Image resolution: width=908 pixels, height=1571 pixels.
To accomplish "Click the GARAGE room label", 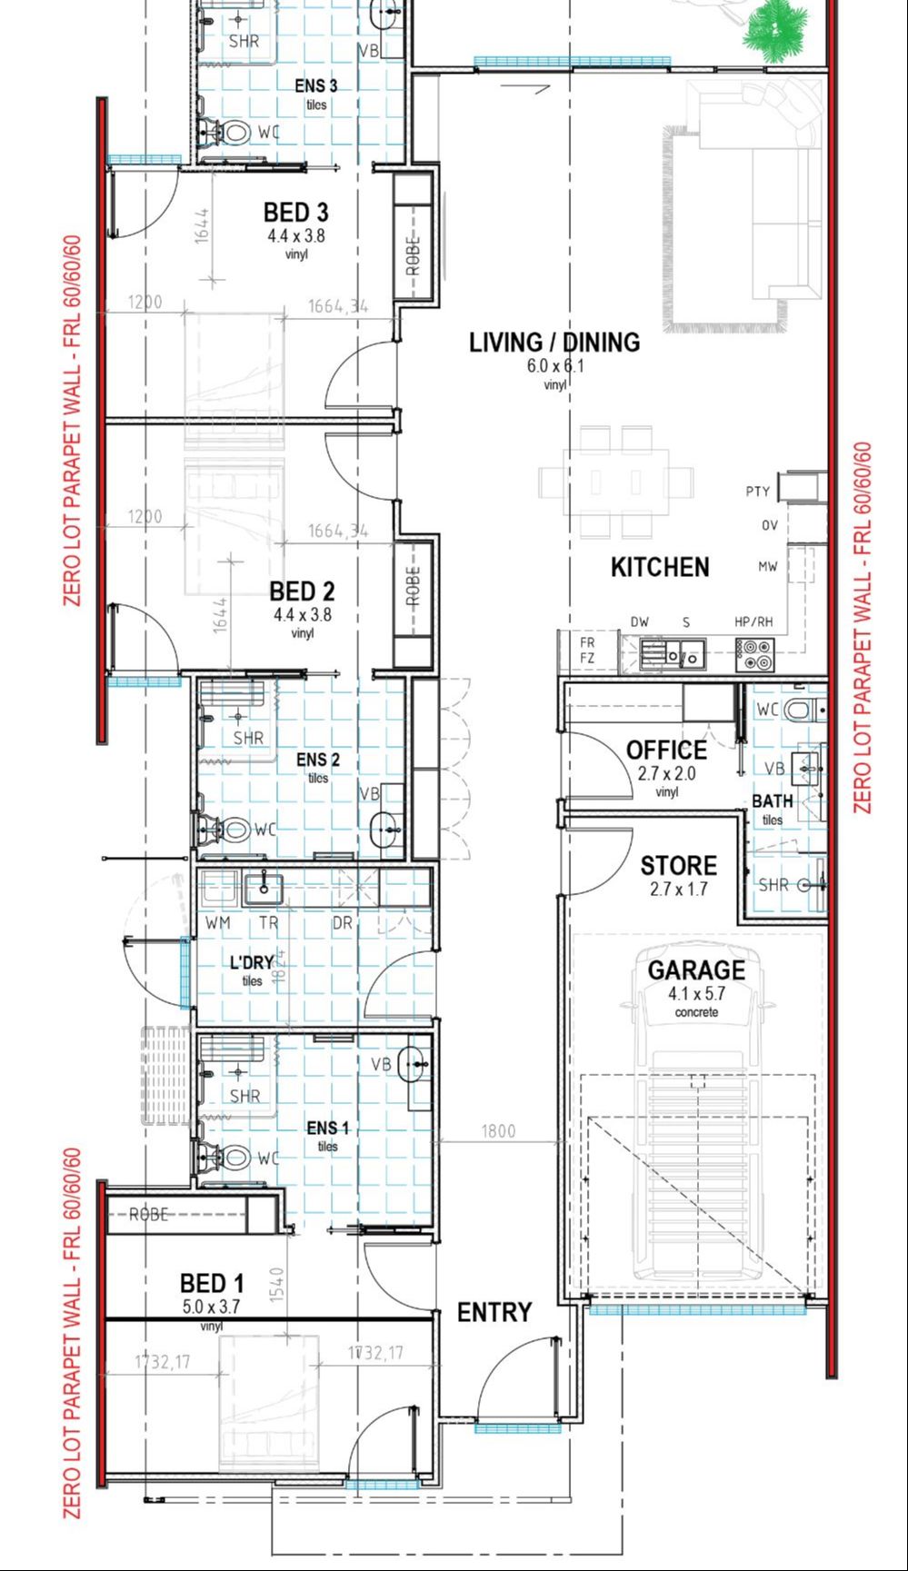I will click(x=696, y=970).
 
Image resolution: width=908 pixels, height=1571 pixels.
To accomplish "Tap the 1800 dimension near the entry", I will click(x=498, y=1131).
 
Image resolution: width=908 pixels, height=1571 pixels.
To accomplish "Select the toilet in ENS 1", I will click(x=229, y=1157).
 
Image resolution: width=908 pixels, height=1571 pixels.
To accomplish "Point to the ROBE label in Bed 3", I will click(x=414, y=255).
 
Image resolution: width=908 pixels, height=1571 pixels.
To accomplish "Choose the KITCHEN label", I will click(x=660, y=568).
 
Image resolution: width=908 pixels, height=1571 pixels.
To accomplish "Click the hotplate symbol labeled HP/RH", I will click(x=754, y=649).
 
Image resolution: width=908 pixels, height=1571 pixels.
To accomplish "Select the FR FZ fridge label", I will click(x=587, y=651).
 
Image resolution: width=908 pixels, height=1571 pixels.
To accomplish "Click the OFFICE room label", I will click(x=666, y=751).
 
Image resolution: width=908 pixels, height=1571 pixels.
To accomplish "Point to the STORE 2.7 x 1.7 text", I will click(x=678, y=876).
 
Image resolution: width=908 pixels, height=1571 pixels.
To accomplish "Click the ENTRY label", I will click(x=494, y=1312).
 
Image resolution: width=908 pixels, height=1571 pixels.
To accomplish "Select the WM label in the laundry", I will click(x=217, y=922).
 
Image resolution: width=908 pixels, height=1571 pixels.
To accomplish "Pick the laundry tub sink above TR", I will click(x=263, y=886).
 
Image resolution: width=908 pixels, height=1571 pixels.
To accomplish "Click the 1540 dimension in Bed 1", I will click(x=277, y=1285).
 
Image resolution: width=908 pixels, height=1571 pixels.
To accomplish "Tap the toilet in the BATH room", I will click(x=803, y=710).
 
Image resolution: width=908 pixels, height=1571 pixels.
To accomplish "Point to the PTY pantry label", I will click(x=757, y=492).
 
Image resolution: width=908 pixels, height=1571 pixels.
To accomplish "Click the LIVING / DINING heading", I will click(x=554, y=343).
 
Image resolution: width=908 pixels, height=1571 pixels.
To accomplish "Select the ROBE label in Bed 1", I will click(x=148, y=1214).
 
